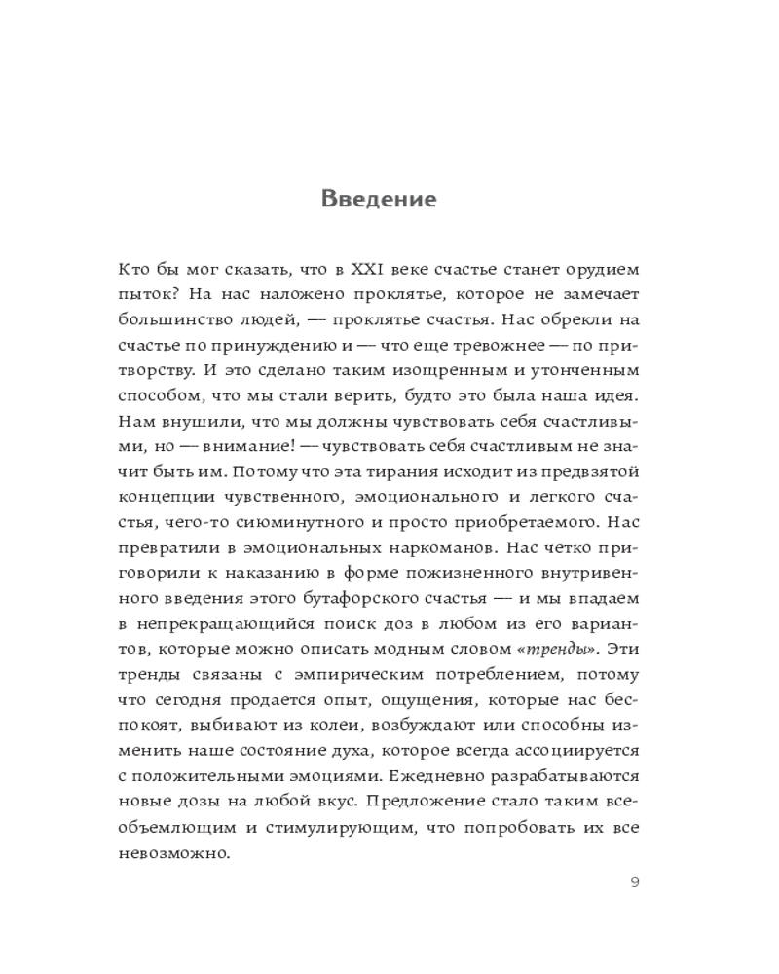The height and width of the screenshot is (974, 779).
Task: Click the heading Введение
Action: [x=379, y=200]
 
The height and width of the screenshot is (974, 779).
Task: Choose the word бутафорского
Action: [x=363, y=599]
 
